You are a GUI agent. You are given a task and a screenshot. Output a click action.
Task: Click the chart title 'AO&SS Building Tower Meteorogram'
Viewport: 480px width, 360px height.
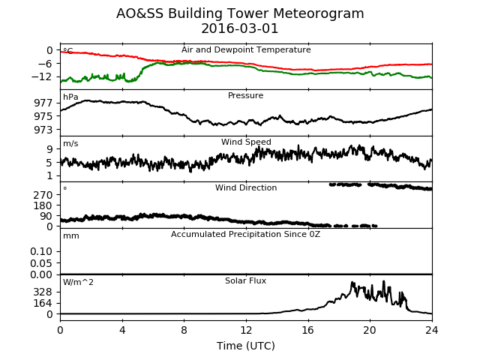click(x=240, y=13)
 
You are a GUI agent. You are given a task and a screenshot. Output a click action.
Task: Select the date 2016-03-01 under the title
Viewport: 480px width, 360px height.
click(x=240, y=28)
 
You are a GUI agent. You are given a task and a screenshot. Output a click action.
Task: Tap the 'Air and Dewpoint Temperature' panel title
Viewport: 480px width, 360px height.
click(x=246, y=50)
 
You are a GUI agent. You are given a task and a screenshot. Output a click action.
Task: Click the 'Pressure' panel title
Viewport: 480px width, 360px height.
click(x=245, y=95)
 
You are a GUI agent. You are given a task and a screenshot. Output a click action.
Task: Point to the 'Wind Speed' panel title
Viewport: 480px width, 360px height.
click(x=246, y=142)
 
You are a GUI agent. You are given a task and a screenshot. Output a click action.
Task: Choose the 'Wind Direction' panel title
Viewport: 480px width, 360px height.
click(x=246, y=187)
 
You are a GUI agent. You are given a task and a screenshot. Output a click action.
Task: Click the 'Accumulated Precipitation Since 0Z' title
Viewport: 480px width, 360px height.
click(x=245, y=234)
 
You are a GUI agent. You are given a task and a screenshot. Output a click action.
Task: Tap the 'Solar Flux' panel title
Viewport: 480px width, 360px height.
click(x=245, y=280)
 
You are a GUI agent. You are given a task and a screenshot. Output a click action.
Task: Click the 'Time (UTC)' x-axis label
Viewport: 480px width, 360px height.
click(x=246, y=346)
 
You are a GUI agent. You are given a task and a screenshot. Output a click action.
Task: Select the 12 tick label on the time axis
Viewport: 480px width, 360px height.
click(x=246, y=330)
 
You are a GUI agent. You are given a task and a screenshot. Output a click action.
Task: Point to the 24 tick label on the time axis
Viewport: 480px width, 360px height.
click(x=432, y=330)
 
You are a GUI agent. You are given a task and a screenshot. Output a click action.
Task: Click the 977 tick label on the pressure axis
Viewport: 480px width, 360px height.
click(x=43, y=103)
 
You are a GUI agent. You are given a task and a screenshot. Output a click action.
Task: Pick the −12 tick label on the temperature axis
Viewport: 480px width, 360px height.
click(x=42, y=76)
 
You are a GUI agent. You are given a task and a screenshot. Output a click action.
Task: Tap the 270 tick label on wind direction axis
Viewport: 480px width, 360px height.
click(x=43, y=195)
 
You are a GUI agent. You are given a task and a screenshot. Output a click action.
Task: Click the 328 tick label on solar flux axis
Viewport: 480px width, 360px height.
click(x=43, y=292)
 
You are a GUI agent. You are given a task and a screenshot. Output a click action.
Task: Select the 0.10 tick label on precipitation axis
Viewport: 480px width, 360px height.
click(x=42, y=252)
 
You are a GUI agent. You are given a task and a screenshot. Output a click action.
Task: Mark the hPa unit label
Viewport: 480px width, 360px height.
click(x=70, y=97)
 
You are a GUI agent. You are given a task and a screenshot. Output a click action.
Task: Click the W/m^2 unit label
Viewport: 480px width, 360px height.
click(x=78, y=282)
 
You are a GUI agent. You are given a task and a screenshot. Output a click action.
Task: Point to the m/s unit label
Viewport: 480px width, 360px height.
click(x=70, y=143)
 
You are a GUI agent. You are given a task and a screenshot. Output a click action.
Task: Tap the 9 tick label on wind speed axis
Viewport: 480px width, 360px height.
click(x=50, y=149)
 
